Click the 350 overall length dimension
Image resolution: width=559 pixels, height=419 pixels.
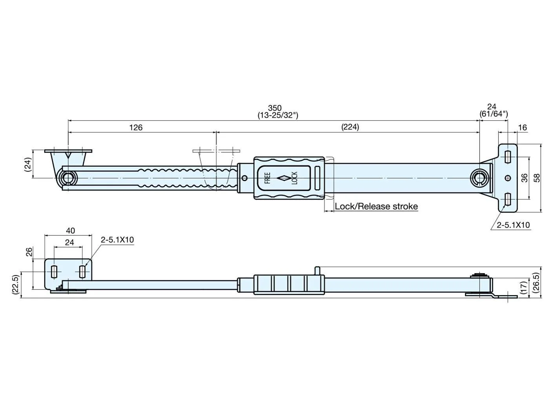pyautogui.click(x=275, y=108)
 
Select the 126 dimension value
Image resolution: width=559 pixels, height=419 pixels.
pyautogui.click(x=136, y=127)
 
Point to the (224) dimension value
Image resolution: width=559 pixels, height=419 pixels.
pyautogui.click(x=350, y=127)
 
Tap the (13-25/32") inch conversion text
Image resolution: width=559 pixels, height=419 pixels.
pyautogui.click(x=278, y=116)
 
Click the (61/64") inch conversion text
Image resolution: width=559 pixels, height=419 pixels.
pyautogui.click(x=493, y=114)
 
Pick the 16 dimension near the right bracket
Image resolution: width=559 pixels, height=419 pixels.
pyautogui.click(x=523, y=127)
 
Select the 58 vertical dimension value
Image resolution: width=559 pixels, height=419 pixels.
pyautogui.click(x=536, y=178)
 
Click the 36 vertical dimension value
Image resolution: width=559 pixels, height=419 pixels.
pyautogui.click(x=524, y=178)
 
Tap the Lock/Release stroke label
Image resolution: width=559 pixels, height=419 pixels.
pyautogui.click(x=376, y=206)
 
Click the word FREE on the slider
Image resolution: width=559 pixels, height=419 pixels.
pyautogui.click(x=268, y=178)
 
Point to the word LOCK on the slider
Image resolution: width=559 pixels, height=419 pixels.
pyautogui.click(x=294, y=178)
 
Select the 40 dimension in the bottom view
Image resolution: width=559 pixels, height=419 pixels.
pyautogui.click(x=71, y=231)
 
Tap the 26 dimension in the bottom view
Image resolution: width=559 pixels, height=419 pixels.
pyautogui.click(x=29, y=252)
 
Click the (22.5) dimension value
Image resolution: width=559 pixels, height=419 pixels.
pyautogui.click(x=16, y=285)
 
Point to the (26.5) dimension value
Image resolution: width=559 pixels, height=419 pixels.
pyautogui.click(x=536, y=283)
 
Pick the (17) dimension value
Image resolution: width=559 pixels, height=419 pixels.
pyautogui.click(x=524, y=287)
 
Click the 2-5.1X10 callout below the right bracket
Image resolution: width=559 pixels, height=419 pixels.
pyautogui.click(x=513, y=225)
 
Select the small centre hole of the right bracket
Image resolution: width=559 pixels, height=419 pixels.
pyautogui.click(x=508, y=178)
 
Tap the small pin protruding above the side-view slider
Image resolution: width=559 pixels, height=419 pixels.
pyautogui.click(x=317, y=271)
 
